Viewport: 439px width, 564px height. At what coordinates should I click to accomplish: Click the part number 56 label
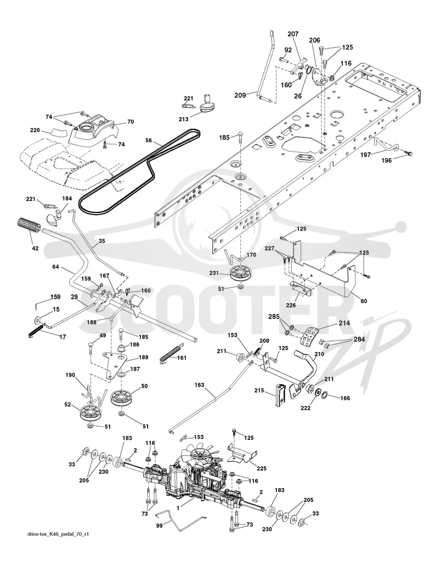point(149,141)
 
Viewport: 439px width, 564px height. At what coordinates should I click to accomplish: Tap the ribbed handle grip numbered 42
point(30,227)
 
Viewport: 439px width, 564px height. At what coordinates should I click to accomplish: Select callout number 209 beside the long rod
point(240,95)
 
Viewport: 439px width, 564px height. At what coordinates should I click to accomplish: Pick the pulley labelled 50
point(121,397)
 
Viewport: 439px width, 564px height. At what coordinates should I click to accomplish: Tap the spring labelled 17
point(36,330)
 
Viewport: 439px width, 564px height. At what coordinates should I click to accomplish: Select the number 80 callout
point(364,301)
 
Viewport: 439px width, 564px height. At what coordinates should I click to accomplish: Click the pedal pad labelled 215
point(281,395)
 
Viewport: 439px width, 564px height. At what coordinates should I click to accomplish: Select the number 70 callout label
point(131,121)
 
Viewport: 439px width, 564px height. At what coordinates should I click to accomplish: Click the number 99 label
point(159,525)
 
